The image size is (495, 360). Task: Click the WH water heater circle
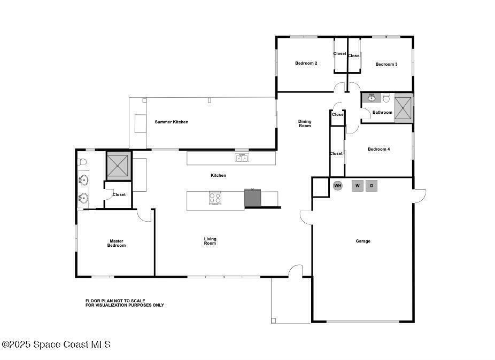(x=338, y=185)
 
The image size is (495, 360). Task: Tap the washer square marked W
(x=358, y=185)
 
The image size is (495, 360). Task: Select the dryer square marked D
(x=372, y=185)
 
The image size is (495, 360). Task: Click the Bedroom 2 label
(x=306, y=63)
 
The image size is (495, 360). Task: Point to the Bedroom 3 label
(x=386, y=64)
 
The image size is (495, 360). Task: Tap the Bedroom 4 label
(x=379, y=149)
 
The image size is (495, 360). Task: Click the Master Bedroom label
(x=117, y=243)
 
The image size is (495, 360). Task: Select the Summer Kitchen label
(x=172, y=122)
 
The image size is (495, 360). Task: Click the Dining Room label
(x=305, y=123)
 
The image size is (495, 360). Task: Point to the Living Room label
(x=210, y=241)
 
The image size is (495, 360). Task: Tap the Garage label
(x=363, y=241)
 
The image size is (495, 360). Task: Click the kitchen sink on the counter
(x=242, y=158)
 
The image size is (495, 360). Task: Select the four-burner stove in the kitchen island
(x=215, y=198)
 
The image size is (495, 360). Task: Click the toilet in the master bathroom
(x=82, y=162)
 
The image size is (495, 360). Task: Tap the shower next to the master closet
(x=118, y=166)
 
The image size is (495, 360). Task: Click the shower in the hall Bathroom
(x=403, y=108)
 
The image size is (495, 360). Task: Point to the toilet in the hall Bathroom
(x=386, y=98)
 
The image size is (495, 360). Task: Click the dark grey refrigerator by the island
(x=252, y=198)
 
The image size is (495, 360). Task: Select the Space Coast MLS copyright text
(x=56, y=344)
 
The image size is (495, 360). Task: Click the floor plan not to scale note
(x=125, y=303)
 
